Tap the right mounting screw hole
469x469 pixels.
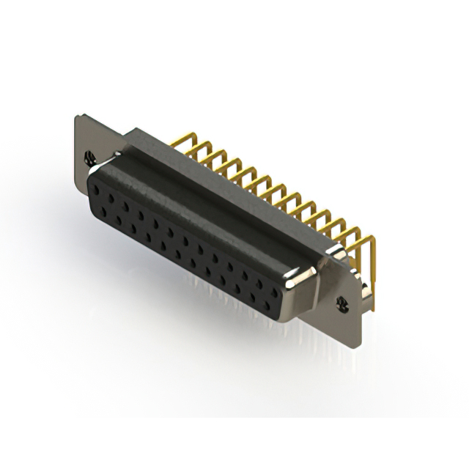click(x=341, y=301)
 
